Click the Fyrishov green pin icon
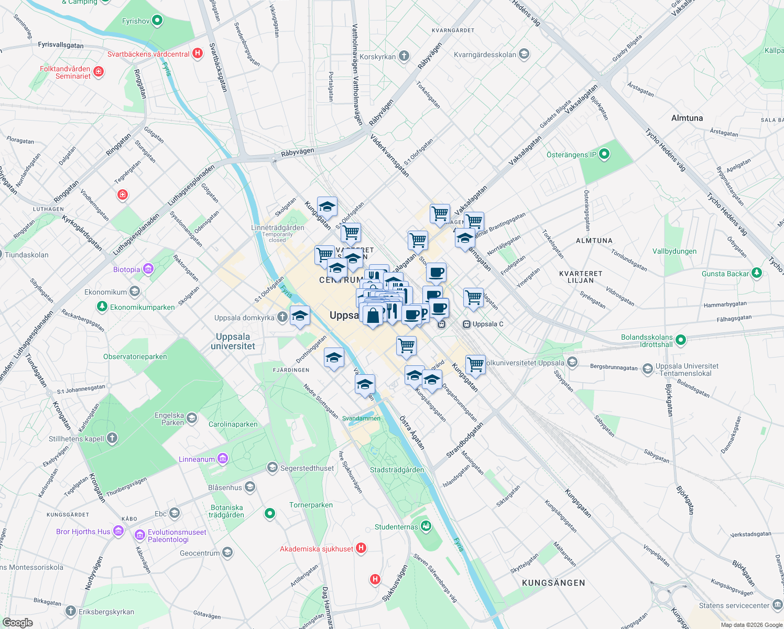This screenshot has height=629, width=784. coord(157,21)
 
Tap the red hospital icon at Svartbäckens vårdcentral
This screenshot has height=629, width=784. coord(198,53)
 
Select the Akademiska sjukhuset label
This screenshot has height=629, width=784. coord(317,549)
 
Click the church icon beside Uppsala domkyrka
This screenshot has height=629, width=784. coord(282,317)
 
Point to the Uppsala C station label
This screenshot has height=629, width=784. coord(487,324)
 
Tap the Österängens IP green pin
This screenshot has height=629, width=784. coord(604,154)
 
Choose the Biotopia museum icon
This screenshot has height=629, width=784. coord(148,269)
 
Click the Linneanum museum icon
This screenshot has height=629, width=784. coord(223,459)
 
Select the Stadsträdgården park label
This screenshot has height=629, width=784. coord(397,470)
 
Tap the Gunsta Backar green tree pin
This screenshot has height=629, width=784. coord(756,273)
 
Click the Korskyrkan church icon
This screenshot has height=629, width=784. coord(404,56)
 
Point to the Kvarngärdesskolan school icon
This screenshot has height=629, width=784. coord(524,54)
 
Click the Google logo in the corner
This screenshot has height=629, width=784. coord(17,623)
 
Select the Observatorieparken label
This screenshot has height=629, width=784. coord(135,356)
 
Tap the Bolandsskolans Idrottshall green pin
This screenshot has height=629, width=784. coord(680,340)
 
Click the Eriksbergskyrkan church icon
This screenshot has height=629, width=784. coord(71,611)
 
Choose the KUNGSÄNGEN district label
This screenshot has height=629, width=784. coord(553,582)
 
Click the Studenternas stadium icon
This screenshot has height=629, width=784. coord(426,526)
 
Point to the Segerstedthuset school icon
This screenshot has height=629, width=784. coord(272,467)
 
